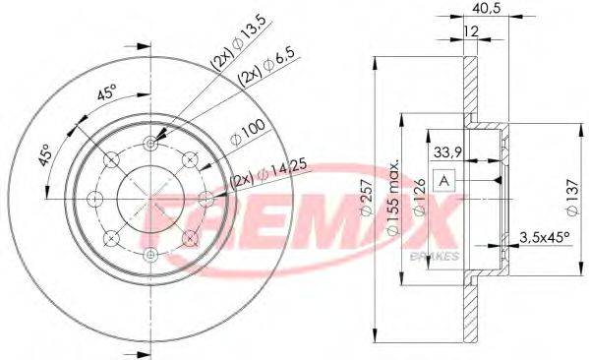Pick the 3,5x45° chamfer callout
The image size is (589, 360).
544,237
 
